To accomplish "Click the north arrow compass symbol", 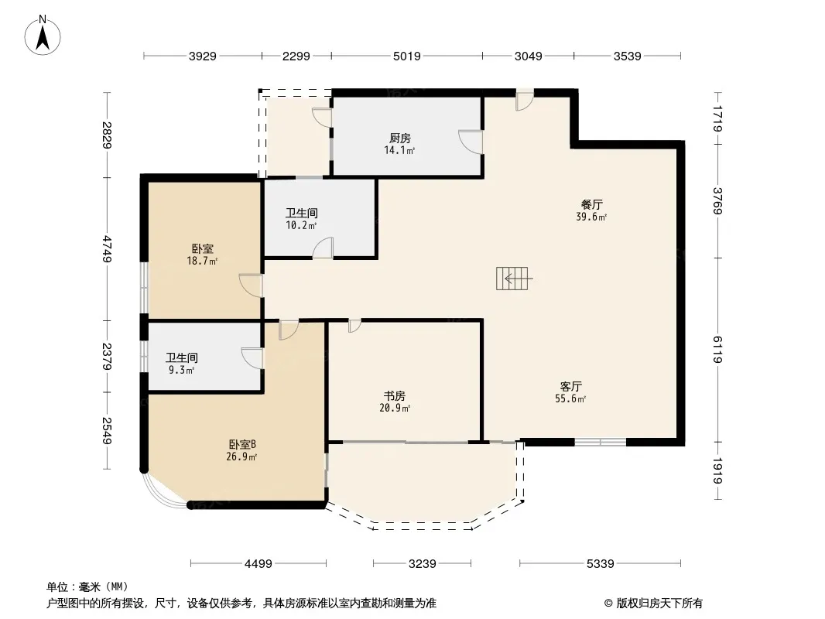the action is tap(43, 36).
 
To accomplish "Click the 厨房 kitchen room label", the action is tap(400, 139).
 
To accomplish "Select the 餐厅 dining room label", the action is tap(591, 204).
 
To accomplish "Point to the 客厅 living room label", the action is tap(571, 387).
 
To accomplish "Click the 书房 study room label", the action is tap(395, 395).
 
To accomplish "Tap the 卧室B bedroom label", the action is tap(242, 444).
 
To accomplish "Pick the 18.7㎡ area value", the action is tap(202, 261).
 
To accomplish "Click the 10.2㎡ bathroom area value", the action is tap(301, 226).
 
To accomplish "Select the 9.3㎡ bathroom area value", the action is tap(182, 371).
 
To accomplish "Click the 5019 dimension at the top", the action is tap(407, 56).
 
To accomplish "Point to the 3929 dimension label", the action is tap(203, 56).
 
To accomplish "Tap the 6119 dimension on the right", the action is tap(717, 350).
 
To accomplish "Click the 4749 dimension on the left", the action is tap(108, 249).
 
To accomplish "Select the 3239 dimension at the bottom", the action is tap(422, 564).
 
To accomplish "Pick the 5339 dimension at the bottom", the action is tap(601, 564).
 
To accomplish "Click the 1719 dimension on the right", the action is tap(717, 118).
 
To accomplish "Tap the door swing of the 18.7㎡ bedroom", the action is tap(251, 286).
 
